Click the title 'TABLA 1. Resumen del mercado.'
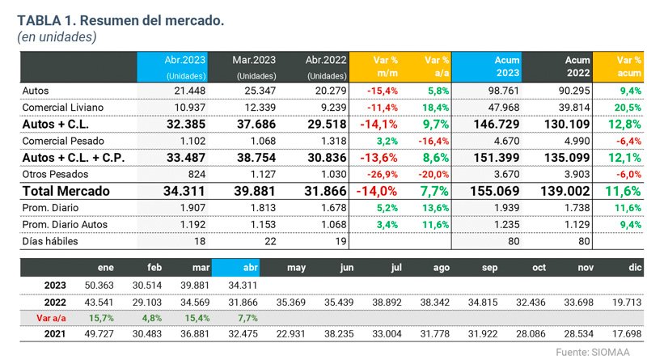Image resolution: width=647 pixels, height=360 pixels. pyautogui.click(x=121, y=19)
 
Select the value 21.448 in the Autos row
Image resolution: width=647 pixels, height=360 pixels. pyautogui.click(x=189, y=91)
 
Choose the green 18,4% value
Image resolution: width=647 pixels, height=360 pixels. pyautogui.click(x=434, y=108)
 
